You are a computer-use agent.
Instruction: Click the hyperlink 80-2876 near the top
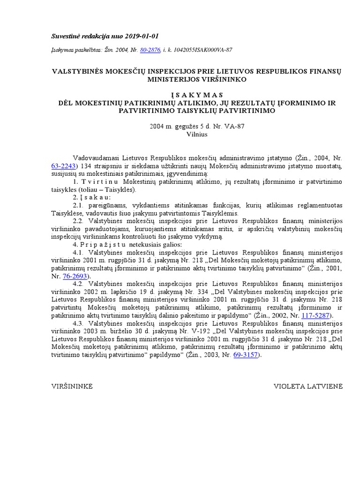(x=150, y=50)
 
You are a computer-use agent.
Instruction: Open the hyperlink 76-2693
(x=74, y=277)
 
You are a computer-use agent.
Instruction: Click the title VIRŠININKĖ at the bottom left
(x=72, y=386)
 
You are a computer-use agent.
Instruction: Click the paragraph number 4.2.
(x=79, y=284)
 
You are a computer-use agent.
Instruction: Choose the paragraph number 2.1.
(x=79, y=205)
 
